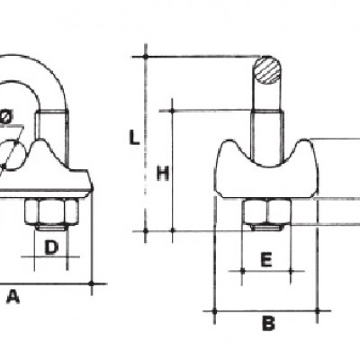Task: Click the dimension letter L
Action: tap(134, 138)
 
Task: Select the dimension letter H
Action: tap(163, 174)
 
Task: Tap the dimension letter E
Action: tap(266, 259)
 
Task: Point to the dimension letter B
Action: tap(268, 323)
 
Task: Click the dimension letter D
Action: tap(51, 247)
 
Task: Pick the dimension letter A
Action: tap(13, 296)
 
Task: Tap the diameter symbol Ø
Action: tap(6, 117)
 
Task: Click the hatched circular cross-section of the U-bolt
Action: tap(267, 69)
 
